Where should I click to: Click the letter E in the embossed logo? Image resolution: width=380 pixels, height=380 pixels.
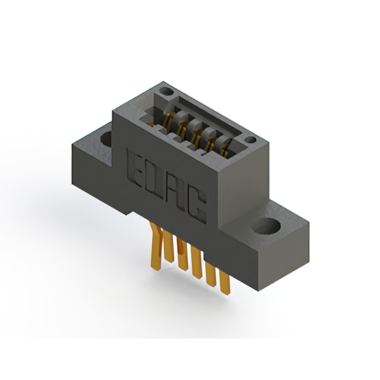[135, 169]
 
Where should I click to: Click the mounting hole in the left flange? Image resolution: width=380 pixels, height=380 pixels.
[106, 140]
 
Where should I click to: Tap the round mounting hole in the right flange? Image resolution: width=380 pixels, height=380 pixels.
[265, 226]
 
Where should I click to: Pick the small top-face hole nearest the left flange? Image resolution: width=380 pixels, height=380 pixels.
[166, 91]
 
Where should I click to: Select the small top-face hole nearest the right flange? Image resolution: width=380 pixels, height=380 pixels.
[250, 140]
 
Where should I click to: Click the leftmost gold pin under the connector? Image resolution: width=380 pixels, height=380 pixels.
[155, 247]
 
